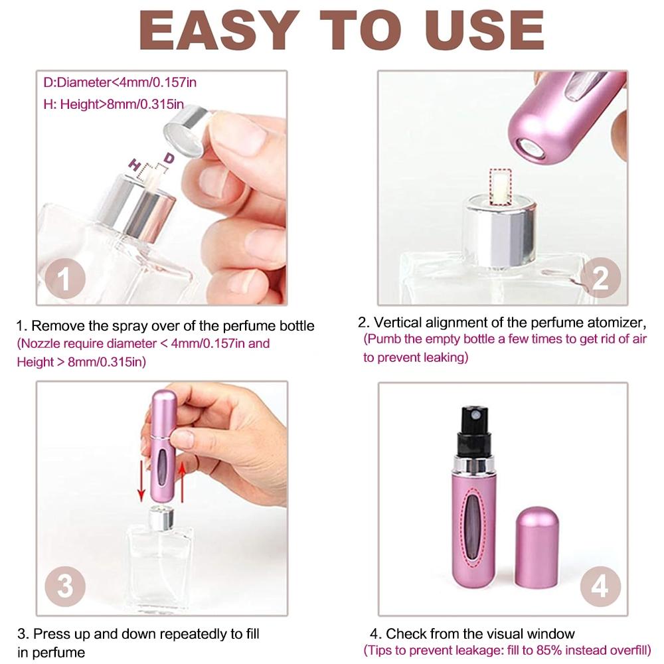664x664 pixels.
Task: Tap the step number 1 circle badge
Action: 64,279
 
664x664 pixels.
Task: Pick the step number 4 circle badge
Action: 600,587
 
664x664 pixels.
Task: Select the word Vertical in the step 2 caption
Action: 397,323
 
